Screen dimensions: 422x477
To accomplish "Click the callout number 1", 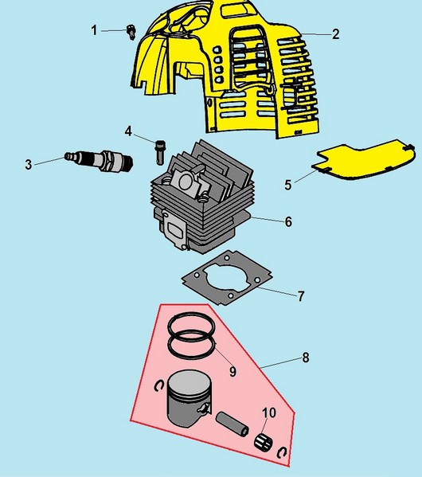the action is tap(94, 30).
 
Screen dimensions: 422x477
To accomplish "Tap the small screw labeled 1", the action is tap(131, 32).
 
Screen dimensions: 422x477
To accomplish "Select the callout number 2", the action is tap(335, 34).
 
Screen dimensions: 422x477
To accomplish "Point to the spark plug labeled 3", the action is tap(100, 160).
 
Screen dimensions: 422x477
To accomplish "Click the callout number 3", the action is tap(29, 165).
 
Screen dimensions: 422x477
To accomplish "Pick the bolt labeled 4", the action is tap(160, 152).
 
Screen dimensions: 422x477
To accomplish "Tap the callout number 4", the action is tap(128, 131).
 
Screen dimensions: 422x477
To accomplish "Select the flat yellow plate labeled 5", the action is tap(364, 160).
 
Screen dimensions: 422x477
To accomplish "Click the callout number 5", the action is tap(287, 185).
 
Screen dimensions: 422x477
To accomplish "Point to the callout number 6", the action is tap(288, 221).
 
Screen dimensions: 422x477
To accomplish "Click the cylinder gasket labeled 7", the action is tap(227, 277).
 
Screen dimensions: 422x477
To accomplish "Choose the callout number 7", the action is tap(301, 296).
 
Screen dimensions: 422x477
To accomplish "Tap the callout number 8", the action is tap(306, 358).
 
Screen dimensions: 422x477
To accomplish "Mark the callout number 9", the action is tap(232, 371).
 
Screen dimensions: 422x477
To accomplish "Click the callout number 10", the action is tap(269, 412).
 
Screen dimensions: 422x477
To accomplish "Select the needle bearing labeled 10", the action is tap(264, 441).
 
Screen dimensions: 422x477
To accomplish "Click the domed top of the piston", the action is tap(189, 383).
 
